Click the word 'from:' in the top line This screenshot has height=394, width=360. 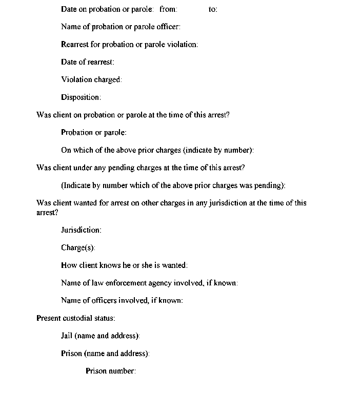click(x=168, y=9)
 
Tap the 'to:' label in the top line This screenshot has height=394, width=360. click(x=213, y=9)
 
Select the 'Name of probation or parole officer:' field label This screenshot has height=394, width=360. click(x=121, y=27)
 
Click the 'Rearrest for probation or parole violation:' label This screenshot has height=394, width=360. click(x=129, y=45)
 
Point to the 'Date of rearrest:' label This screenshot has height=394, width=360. click(x=88, y=62)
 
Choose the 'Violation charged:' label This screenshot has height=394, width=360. click(x=91, y=79)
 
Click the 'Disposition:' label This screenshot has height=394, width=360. click(x=81, y=97)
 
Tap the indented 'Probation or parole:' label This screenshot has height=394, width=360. click(x=94, y=133)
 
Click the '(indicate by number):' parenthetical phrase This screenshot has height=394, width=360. click(x=219, y=150)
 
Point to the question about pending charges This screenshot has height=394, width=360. click(x=141, y=168)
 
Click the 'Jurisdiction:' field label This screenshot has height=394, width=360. click(x=81, y=230)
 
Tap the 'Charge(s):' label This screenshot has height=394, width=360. click(x=78, y=248)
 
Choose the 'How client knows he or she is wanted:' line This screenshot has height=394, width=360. click(x=124, y=265)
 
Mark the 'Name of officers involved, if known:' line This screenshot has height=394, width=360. click(x=122, y=301)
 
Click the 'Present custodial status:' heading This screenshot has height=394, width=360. click(x=76, y=318)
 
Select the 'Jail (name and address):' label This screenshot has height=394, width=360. click(x=101, y=336)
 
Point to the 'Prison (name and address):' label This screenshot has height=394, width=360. click(x=105, y=354)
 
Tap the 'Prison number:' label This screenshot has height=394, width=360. click(x=111, y=371)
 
